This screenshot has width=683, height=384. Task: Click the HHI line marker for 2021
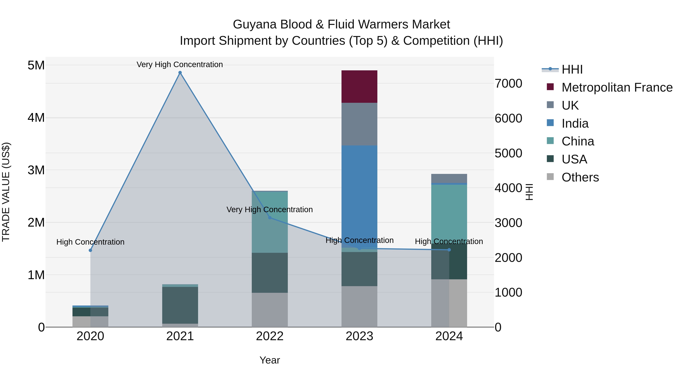(x=180, y=73)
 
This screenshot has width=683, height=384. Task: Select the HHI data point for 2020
(x=90, y=250)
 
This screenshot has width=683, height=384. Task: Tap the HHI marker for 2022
(x=270, y=218)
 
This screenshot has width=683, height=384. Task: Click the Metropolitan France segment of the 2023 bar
(x=359, y=87)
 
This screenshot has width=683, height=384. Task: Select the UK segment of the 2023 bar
(x=359, y=124)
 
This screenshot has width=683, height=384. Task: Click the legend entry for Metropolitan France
(x=617, y=87)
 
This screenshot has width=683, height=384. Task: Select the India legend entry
(x=575, y=123)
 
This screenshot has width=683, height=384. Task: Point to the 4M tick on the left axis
(x=36, y=118)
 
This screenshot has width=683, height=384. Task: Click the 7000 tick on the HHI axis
(x=508, y=83)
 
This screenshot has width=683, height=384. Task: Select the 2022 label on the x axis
(x=270, y=336)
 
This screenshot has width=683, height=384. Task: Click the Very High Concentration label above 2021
(x=180, y=64)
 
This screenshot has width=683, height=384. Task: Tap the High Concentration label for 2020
(x=90, y=242)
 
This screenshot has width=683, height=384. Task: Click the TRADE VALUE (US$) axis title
(x=6, y=192)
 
